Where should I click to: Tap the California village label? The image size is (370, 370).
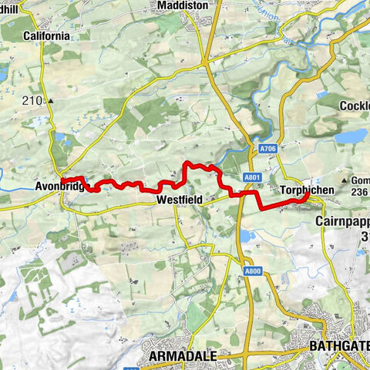47,35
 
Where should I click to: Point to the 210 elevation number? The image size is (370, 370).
34,100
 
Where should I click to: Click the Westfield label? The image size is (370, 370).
179,200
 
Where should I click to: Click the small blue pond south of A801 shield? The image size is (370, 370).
246,234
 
